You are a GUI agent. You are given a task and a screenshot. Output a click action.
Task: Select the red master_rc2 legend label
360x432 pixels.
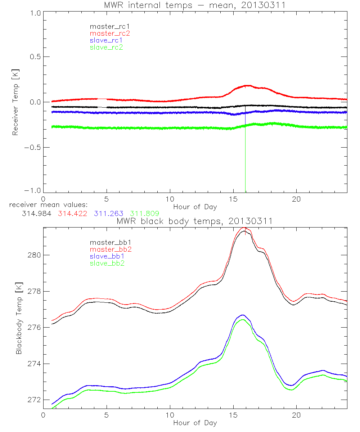point(109,33)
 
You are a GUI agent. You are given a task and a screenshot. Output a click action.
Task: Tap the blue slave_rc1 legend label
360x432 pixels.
point(106,40)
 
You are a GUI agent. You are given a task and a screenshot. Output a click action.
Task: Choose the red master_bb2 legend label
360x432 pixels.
point(109,249)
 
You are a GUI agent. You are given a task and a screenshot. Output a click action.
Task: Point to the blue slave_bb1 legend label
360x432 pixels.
point(106,256)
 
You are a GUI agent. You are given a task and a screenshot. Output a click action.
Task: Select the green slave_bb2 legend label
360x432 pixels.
point(106,263)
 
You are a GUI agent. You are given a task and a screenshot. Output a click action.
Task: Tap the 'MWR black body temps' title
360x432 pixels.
point(195,221)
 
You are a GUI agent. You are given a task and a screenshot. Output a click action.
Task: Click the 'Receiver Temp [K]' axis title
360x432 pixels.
point(15,102)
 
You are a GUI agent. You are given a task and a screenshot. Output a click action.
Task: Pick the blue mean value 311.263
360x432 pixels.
point(109,213)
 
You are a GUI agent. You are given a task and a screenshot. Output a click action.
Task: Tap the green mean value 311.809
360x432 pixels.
point(145,213)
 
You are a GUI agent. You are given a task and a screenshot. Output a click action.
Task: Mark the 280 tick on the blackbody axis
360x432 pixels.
point(35,255)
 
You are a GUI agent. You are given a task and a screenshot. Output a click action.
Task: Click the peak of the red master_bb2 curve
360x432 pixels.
point(245,228)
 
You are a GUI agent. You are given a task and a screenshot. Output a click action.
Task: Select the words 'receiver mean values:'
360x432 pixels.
point(46,205)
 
